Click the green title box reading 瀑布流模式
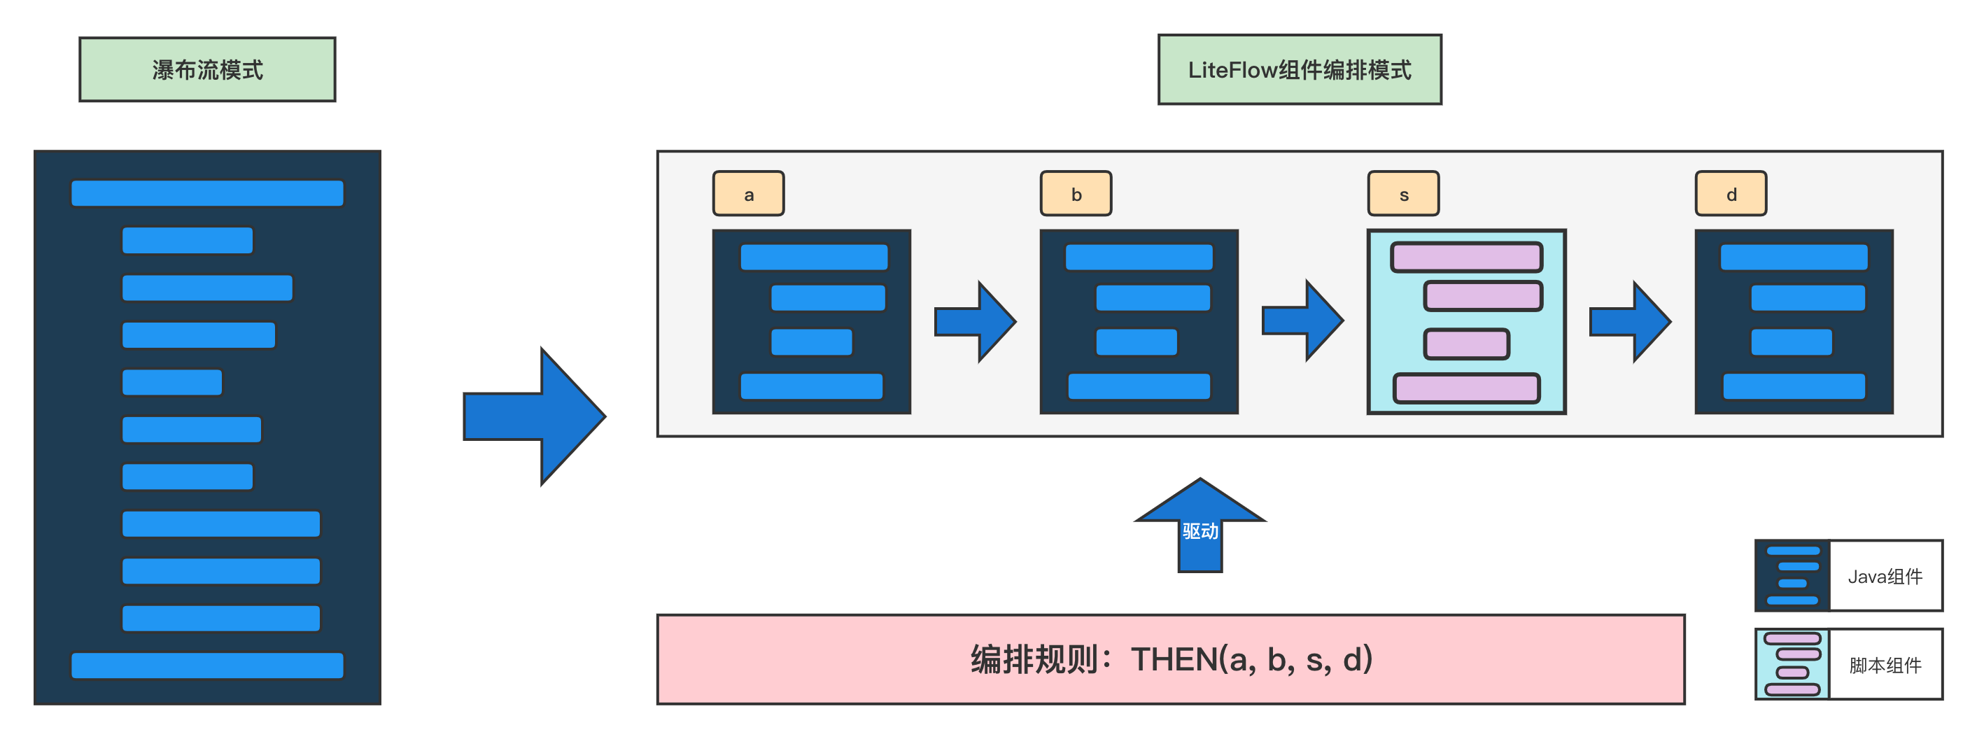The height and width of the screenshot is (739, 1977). [x=207, y=69]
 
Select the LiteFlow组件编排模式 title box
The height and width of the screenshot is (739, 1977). [x=1300, y=69]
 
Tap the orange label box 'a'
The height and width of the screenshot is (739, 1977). [x=748, y=193]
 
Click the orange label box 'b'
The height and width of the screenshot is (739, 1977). [x=1076, y=193]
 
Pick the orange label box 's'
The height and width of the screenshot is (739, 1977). [x=1404, y=193]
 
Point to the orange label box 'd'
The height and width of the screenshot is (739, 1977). [x=1731, y=193]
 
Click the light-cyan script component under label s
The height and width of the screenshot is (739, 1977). [x=1467, y=321]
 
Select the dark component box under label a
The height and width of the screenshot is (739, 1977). [x=811, y=321]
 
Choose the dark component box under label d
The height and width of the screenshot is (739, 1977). [x=1794, y=321]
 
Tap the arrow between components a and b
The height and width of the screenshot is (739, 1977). [x=976, y=321]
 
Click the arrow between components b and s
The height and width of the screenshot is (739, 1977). [x=1303, y=321]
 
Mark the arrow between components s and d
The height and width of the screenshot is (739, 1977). [x=1630, y=321]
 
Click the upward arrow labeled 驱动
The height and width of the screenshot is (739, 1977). [x=1200, y=525]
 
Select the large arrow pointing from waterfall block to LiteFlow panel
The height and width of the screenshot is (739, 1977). [x=535, y=416]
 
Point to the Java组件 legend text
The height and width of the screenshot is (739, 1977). [x=1885, y=577]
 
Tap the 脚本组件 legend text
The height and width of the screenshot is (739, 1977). [x=1885, y=665]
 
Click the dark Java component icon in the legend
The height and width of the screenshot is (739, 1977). [x=1793, y=575]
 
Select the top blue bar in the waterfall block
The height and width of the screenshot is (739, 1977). [x=207, y=193]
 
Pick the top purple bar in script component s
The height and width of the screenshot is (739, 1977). [x=1467, y=257]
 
